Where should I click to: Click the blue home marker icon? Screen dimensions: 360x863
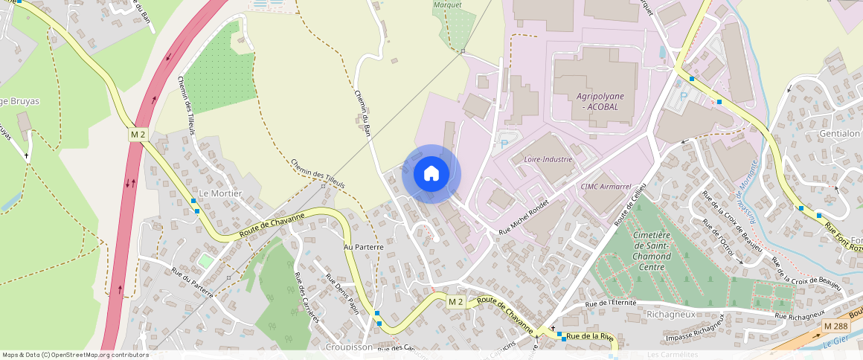click(431, 174)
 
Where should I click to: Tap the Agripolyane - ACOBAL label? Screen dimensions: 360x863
click(600, 101)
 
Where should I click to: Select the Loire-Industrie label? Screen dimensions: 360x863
click(548, 159)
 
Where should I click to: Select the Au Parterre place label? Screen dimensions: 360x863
click(363, 246)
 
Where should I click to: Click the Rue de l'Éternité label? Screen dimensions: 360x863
click(611, 303)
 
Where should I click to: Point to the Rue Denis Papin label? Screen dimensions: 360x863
click(342, 293)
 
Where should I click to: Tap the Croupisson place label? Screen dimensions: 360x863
click(348, 347)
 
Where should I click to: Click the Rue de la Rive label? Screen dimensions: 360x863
click(590, 337)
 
